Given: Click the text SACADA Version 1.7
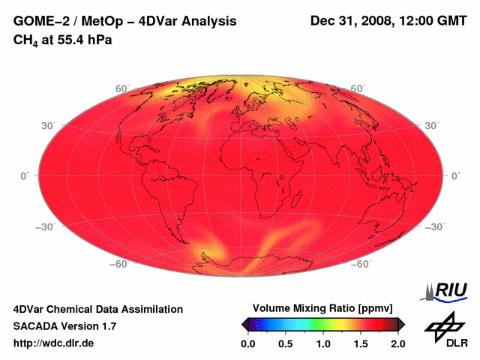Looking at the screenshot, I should (64, 326).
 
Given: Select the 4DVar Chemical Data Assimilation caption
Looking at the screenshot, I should (97, 309).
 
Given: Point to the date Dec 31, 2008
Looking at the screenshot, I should (349, 21).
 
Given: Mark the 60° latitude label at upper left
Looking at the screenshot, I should (121, 88).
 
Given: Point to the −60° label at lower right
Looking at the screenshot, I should (361, 264).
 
